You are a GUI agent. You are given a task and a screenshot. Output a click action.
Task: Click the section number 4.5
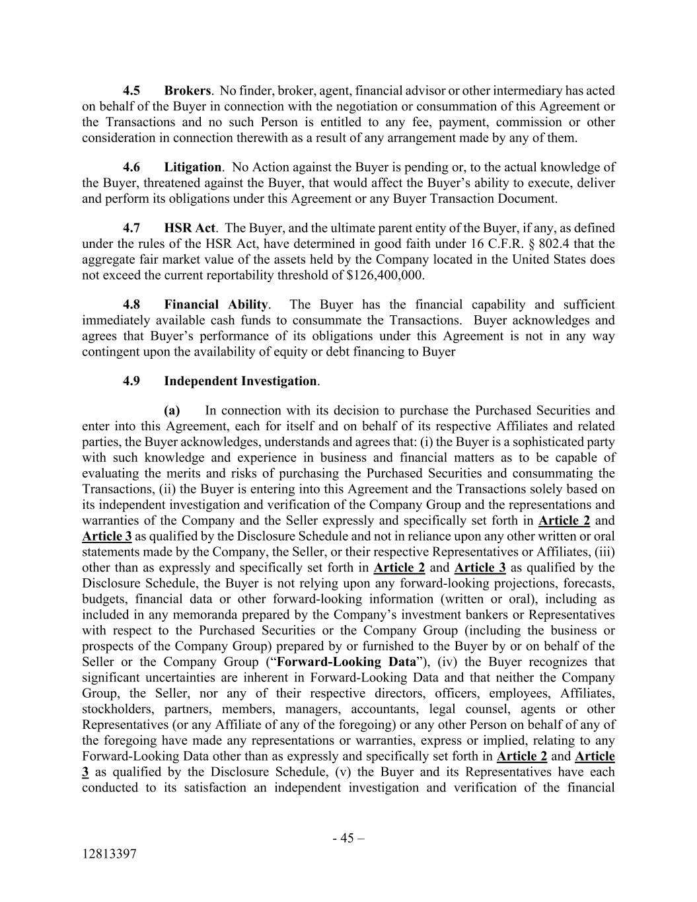131,91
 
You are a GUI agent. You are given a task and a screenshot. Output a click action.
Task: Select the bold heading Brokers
187,91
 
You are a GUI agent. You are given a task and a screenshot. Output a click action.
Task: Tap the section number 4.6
131,167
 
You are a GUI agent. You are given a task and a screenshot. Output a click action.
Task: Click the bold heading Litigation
192,167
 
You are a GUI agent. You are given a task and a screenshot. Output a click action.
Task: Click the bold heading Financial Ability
216,305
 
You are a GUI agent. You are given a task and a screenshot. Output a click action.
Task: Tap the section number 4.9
131,381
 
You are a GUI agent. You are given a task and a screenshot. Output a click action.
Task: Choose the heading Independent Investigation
240,381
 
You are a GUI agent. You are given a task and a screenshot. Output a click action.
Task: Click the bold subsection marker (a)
172,410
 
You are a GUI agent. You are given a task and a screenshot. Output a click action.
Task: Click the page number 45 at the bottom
348,839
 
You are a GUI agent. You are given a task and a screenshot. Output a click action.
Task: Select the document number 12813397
109,854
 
